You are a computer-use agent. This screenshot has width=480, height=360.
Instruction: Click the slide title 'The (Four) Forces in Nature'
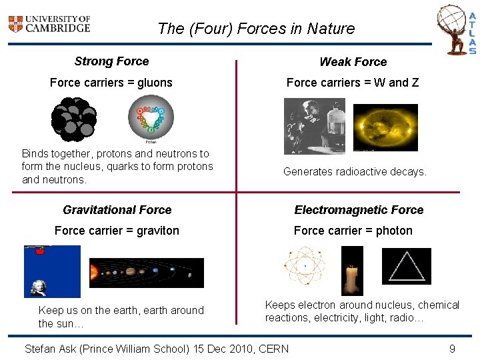[x=256, y=29]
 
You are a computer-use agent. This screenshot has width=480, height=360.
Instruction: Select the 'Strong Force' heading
[x=111, y=61]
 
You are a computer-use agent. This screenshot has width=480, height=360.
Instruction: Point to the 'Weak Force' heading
[x=353, y=62]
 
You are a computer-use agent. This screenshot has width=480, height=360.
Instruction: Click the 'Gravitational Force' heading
[x=117, y=210]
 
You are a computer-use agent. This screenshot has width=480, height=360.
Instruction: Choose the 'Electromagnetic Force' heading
[x=359, y=210]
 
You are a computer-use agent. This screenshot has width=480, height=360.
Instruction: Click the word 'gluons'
[x=155, y=83]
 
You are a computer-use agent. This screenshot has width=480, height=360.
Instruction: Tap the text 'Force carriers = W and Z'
[x=353, y=83]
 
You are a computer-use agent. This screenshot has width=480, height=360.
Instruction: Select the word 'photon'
[x=394, y=231]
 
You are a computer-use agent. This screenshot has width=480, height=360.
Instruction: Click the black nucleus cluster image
[x=74, y=120]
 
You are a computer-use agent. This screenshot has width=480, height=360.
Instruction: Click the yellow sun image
[x=385, y=127]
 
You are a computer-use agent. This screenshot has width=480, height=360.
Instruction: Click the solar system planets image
[x=146, y=273]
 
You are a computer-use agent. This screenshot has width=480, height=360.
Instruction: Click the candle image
[x=352, y=271]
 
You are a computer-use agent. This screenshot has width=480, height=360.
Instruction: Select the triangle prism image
[x=407, y=266]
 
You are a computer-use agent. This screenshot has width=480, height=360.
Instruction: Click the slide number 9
[x=452, y=349]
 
